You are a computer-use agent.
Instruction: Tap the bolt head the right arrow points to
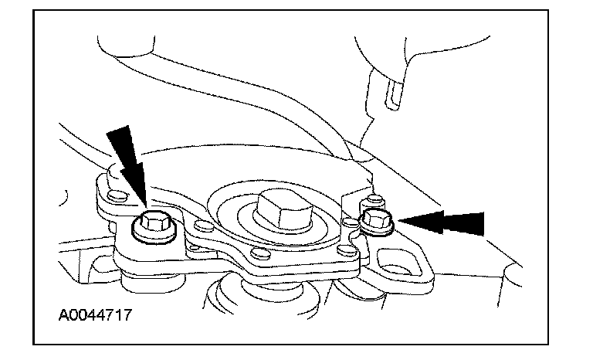[x=378, y=221]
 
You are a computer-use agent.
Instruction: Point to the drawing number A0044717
[x=92, y=315]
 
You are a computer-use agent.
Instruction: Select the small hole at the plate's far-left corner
[x=115, y=194]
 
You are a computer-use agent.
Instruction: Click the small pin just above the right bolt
[x=375, y=202]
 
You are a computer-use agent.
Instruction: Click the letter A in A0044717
[x=63, y=315]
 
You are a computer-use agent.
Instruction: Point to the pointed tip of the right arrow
[x=399, y=222]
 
